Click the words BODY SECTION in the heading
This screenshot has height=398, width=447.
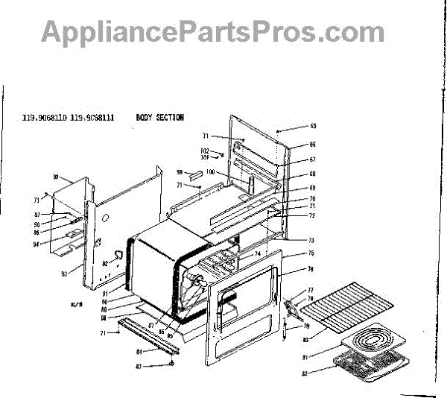[x=160, y=118]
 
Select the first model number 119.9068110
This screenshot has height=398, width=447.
[x=45, y=118]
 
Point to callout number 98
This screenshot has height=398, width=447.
[x=180, y=172]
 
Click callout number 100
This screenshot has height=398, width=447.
[x=211, y=172]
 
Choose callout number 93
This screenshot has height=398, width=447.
[x=64, y=274]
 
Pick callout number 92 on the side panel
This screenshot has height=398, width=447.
[x=106, y=263]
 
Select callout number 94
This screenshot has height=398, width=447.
[x=56, y=244]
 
